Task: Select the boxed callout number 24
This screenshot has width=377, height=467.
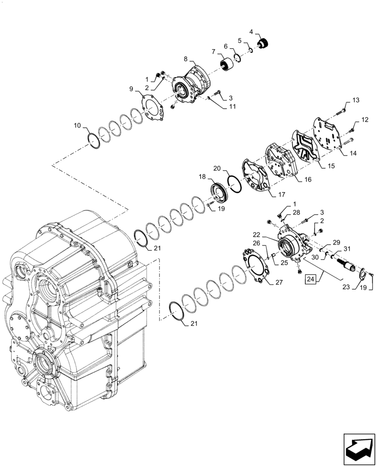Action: click(310, 280)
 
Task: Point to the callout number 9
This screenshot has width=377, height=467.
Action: click(131, 88)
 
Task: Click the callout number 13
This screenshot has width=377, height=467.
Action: click(356, 100)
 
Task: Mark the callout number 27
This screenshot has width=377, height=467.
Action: click(279, 282)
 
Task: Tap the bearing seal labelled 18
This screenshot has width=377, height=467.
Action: click(217, 193)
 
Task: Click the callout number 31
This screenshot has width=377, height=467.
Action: click(347, 249)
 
